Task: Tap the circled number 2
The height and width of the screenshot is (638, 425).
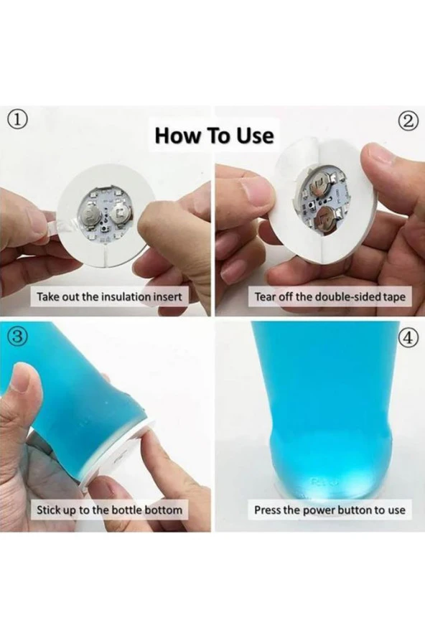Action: click(x=410, y=121)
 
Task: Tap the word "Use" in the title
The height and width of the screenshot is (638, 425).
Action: click(x=256, y=136)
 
